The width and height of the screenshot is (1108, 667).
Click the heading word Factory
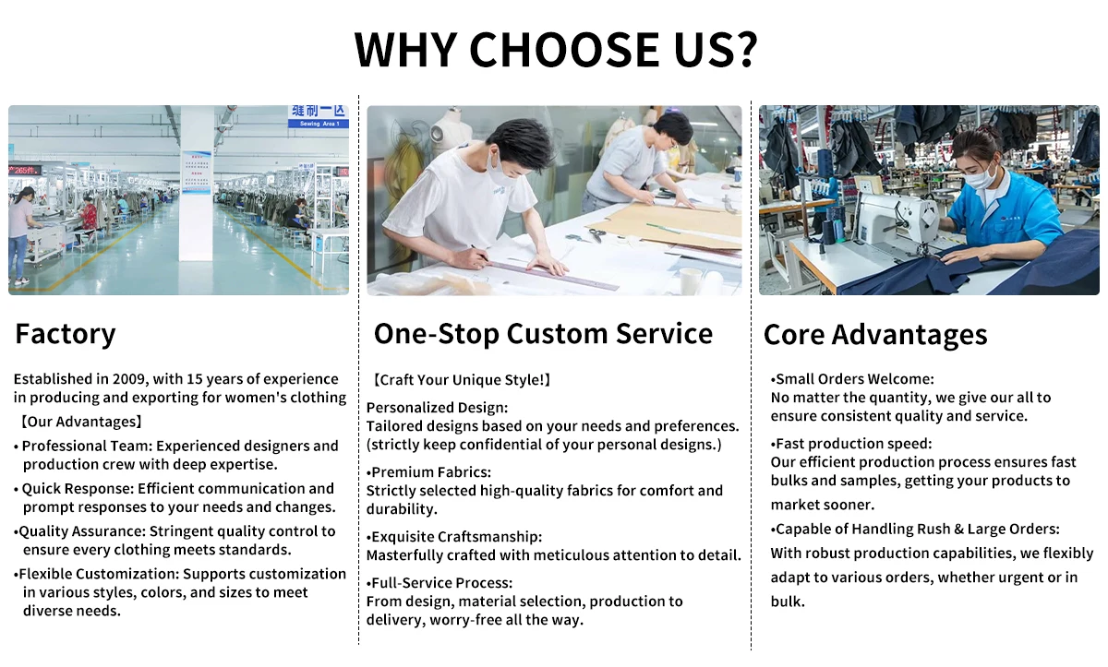coord(66,335)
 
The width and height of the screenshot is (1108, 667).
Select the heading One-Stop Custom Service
coord(543,334)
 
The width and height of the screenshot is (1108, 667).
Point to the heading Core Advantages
coord(875,335)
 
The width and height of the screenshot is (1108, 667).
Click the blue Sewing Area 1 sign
coord(319,116)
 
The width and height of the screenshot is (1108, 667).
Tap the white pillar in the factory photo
coord(197,183)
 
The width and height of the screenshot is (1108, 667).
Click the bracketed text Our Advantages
coord(81,422)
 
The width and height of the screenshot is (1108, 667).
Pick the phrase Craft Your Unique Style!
coord(462,379)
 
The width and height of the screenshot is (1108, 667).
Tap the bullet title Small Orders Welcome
coord(854,379)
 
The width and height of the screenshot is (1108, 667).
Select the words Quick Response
coord(78,488)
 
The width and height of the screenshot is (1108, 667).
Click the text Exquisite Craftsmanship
coord(456,537)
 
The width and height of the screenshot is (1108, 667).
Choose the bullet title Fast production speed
coord(853,444)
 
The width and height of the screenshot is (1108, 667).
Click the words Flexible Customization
coord(99,574)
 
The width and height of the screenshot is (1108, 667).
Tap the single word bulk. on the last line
coord(788,601)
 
